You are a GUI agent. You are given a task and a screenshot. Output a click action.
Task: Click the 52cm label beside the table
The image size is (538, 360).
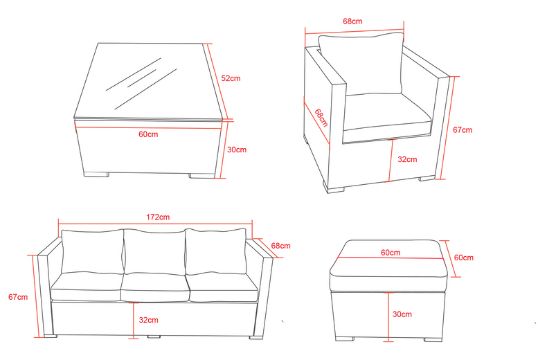click(x=231, y=78)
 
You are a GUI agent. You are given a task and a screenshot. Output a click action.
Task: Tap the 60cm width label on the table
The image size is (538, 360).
click(x=148, y=134)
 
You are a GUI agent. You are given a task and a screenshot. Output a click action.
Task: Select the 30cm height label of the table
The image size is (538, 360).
click(x=237, y=150)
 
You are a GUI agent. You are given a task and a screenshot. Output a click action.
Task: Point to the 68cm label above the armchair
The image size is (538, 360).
click(x=352, y=21)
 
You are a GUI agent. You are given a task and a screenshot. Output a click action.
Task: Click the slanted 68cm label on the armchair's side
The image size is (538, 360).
click(x=321, y=118)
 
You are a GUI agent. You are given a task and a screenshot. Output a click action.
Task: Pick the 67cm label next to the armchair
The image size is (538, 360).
click(x=462, y=130)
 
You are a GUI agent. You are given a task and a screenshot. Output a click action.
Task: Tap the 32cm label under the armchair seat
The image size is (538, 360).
click(x=407, y=160)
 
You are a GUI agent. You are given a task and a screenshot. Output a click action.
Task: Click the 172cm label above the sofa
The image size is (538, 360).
click(x=158, y=217)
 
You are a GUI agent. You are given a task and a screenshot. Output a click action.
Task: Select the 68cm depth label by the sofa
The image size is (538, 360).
click(x=281, y=246)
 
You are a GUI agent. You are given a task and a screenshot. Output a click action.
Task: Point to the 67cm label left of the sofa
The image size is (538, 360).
click(x=18, y=297)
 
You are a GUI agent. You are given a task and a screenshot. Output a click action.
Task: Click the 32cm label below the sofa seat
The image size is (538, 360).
click(x=149, y=320)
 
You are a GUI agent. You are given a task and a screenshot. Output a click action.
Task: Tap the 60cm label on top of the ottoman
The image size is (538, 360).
click(x=390, y=253)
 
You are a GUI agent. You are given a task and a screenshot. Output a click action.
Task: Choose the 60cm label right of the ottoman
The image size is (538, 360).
click(x=464, y=257)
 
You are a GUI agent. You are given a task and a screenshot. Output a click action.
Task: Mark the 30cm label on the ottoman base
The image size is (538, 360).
click(x=402, y=314)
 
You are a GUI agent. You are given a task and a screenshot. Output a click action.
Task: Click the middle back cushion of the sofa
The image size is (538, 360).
click(x=154, y=252)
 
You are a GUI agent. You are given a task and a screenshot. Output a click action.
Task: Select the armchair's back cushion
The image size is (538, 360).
click(x=360, y=64)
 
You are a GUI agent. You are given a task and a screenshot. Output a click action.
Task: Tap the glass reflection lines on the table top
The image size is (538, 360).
click(x=141, y=83)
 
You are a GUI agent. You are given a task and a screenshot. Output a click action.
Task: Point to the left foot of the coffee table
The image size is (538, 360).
click(x=96, y=174)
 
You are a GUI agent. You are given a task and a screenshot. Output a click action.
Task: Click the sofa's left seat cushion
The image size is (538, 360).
click(x=87, y=287)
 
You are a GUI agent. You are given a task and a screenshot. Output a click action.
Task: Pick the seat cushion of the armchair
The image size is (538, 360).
click(x=387, y=112)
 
